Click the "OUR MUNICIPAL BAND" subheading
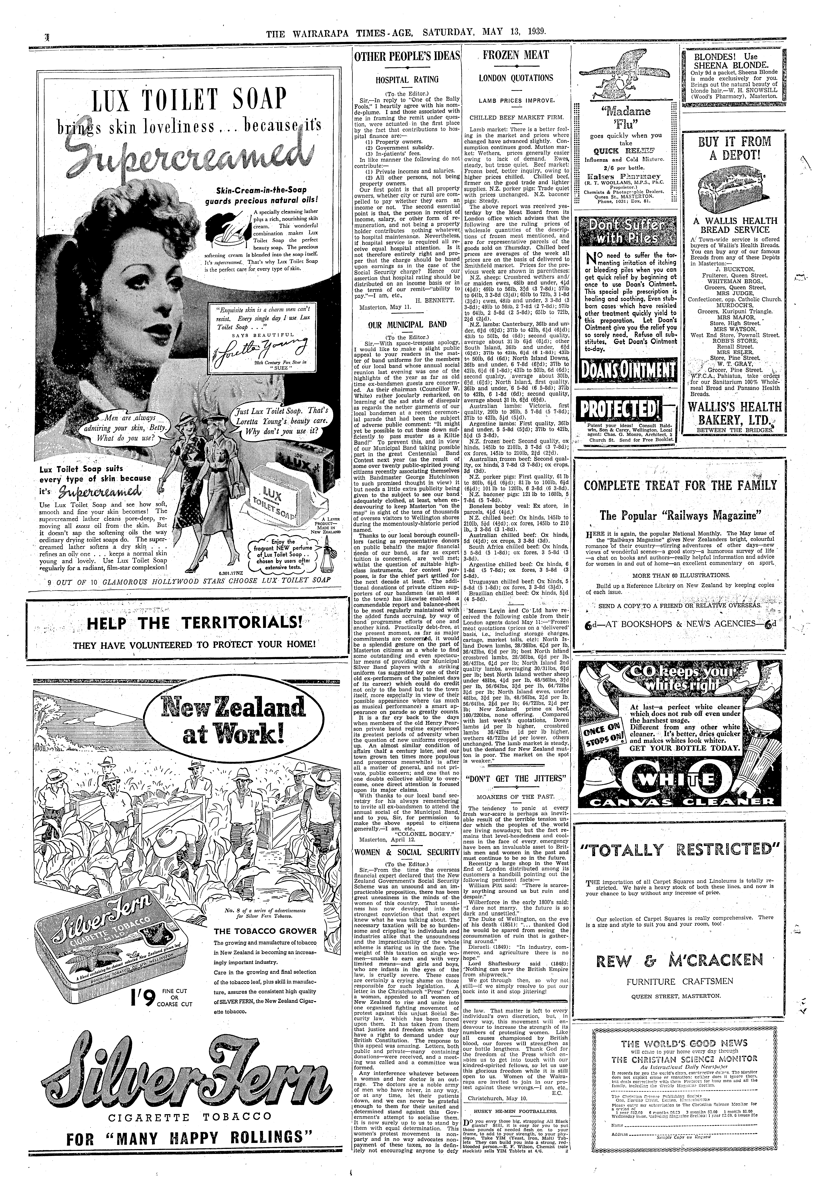[x=407, y=324]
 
